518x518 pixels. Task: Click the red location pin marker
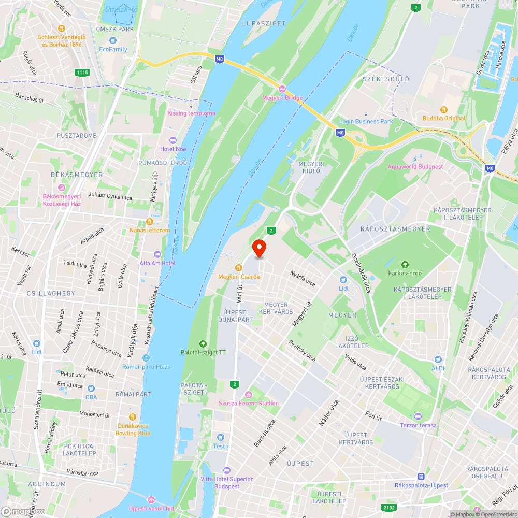[258, 248]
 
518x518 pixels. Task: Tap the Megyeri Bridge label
[282, 97]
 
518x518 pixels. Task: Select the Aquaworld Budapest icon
[415, 159]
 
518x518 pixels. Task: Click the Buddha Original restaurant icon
[444, 110]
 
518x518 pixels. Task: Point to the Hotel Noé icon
[173, 141]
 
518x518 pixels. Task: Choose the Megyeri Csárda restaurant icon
[238, 268]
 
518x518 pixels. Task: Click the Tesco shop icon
[221, 438]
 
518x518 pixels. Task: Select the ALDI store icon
[438, 359]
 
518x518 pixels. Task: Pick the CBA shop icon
[91, 388]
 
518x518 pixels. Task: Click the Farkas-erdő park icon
[405, 265]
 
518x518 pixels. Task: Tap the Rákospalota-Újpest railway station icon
[421, 477]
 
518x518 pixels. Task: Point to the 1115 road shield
[82, 73]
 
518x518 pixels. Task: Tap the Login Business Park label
[366, 121]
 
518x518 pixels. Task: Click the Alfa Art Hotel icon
[157, 254]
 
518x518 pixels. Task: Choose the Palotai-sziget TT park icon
[203, 344]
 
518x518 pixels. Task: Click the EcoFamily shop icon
[113, 41]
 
